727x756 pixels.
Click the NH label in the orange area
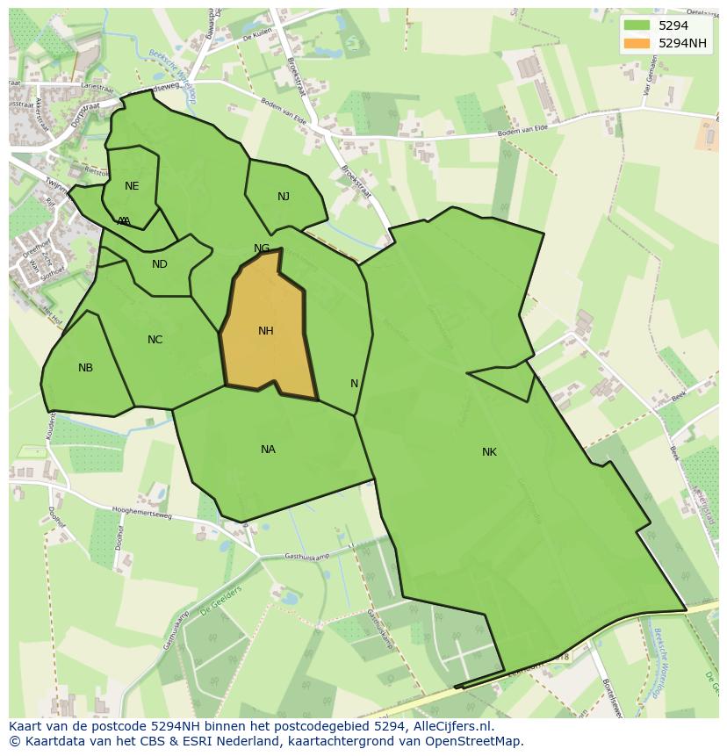pyautogui.click(x=266, y=331)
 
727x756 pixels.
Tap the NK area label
pyautogui.click(x=489, y=452)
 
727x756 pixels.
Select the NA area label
pyautogui.click(x=268, y=450)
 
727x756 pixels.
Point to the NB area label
pyautogui.click(x=85, y=368)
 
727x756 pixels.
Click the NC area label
pyautogui.click(x=155, y=340)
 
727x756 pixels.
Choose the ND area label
pyautogui.click(x=159, y=264)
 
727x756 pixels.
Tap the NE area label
pyautogui.click(x=132, y=186)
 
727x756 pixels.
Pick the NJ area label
pyautogui.click(x=284, y=197)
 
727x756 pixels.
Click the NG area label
pyautogui.click(x=262, y=248)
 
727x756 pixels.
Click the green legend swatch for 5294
pyautogui.click(x=637, y=25)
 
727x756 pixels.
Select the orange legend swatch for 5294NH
pyautogui.click(x=637, y=43)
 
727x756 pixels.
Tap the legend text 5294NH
pyautogui.click(x=683, y=43)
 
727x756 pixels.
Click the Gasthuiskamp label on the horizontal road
pyautogui.click(x=306, y=557)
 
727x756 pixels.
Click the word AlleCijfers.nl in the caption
pyautogui.click(x=451, y=726)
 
